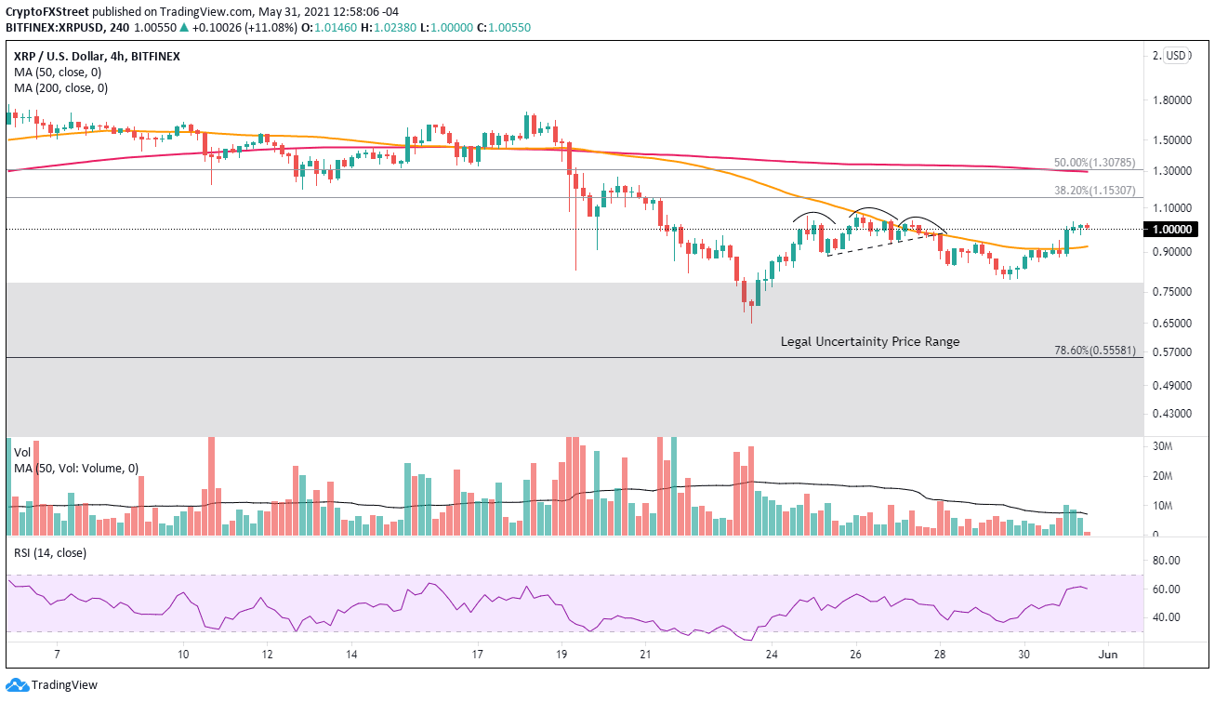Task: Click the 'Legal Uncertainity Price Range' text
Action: point(869,341)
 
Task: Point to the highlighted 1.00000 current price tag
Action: point(1171,229)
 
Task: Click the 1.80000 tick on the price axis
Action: point(1168,100)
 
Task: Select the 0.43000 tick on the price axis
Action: point(1168,414)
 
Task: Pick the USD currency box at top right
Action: point(1178,56)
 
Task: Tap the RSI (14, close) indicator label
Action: point(51,552)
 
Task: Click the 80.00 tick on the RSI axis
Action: point(1166,561)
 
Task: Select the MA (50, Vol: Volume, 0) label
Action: point(76,468)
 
